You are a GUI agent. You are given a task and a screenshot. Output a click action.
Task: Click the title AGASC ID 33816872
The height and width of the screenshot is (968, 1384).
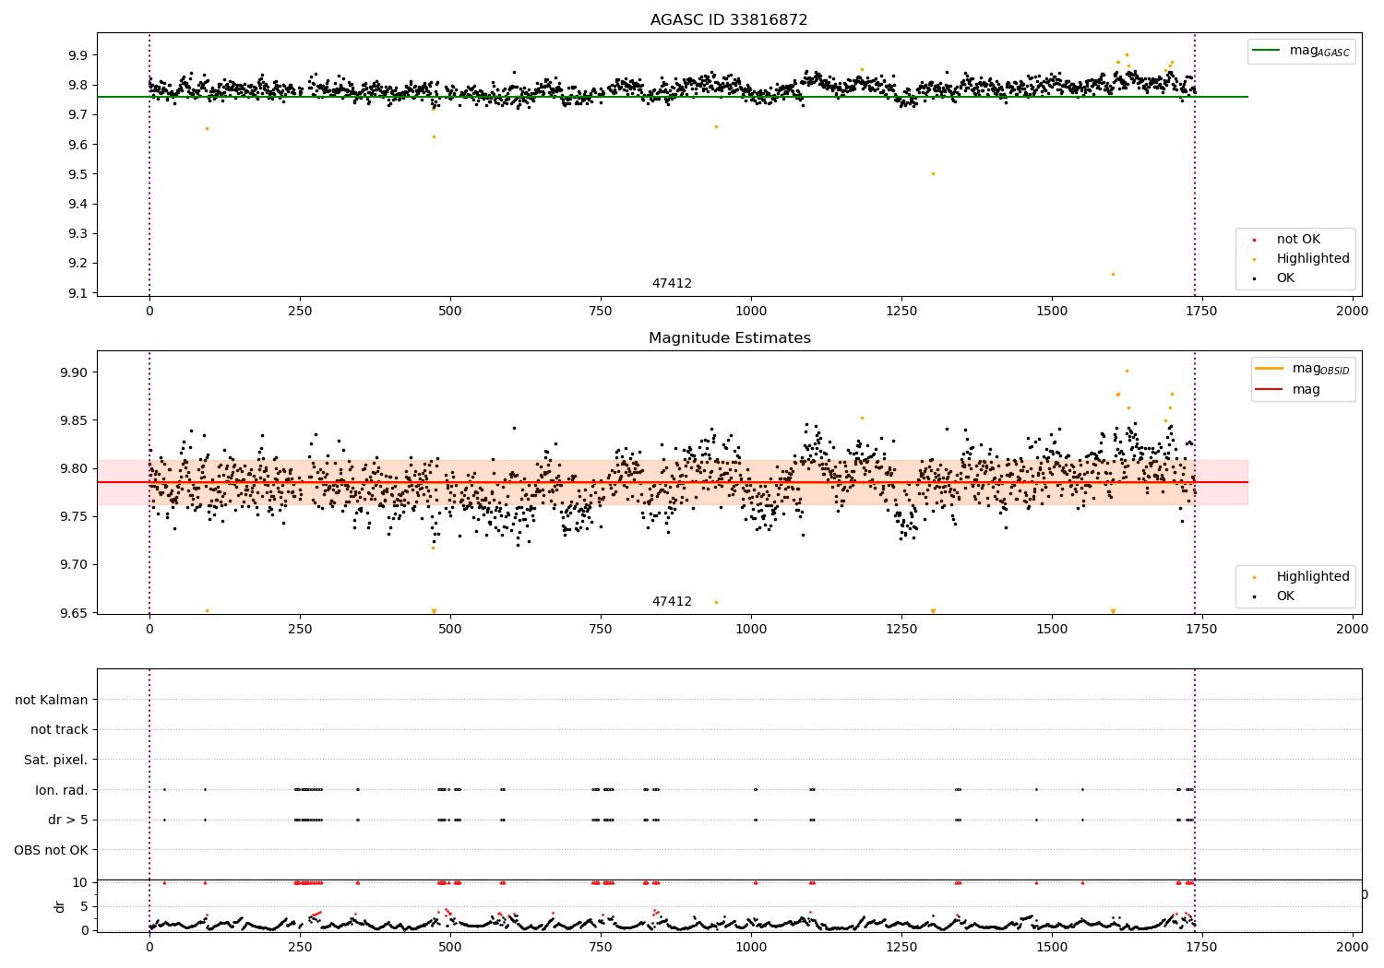pyautogui.click(x=729, y=20)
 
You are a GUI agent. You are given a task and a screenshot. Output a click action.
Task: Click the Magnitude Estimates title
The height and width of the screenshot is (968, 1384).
pyautogui.click(x=729, y=338)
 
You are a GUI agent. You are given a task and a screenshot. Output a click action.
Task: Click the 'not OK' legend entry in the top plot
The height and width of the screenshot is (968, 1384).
pyautogui.click(x=1298, y=240)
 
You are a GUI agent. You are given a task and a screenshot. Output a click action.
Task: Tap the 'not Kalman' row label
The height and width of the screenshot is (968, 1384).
pyautogui.click(x=52, y=700)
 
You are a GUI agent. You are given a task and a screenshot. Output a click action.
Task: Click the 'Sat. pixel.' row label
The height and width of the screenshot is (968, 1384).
pyautogui.click(x=55, y=760)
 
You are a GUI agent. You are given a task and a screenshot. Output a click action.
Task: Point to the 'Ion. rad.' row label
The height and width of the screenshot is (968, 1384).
pyautogui.click(x=61, y=790)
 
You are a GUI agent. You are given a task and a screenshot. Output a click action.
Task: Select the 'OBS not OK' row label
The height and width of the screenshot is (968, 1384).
pyautogui.click(x=51, y=850)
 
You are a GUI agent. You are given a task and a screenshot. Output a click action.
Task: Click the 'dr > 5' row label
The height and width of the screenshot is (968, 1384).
pyautogui.click(x=67, y=820)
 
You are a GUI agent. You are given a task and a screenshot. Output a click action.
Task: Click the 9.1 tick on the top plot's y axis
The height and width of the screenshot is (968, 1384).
pyautogui.click(x=78, y=293)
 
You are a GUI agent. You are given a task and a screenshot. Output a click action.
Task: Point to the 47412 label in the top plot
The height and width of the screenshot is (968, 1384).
pyautogui.click(x=672, y=284)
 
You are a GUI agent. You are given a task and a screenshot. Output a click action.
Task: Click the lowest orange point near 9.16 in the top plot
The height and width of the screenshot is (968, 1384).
pyautogui.click(x=1113, y=274)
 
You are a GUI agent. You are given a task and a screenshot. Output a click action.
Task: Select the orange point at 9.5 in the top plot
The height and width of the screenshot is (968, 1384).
pyautogui.click(x=933, y=173)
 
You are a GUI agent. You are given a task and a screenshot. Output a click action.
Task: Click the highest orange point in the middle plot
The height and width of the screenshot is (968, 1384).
pyautogui.click(x=1127, y=371)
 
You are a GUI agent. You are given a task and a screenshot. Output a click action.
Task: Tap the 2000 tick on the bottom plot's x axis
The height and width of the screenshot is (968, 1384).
pyautogui.click(x=1353, y=947)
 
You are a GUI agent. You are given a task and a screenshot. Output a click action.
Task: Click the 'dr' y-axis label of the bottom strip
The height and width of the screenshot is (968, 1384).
pyautogui.click(x=60, y=906)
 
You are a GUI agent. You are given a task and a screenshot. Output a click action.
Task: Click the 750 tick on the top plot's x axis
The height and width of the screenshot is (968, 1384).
pyautogui.click(x=601, y=312)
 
